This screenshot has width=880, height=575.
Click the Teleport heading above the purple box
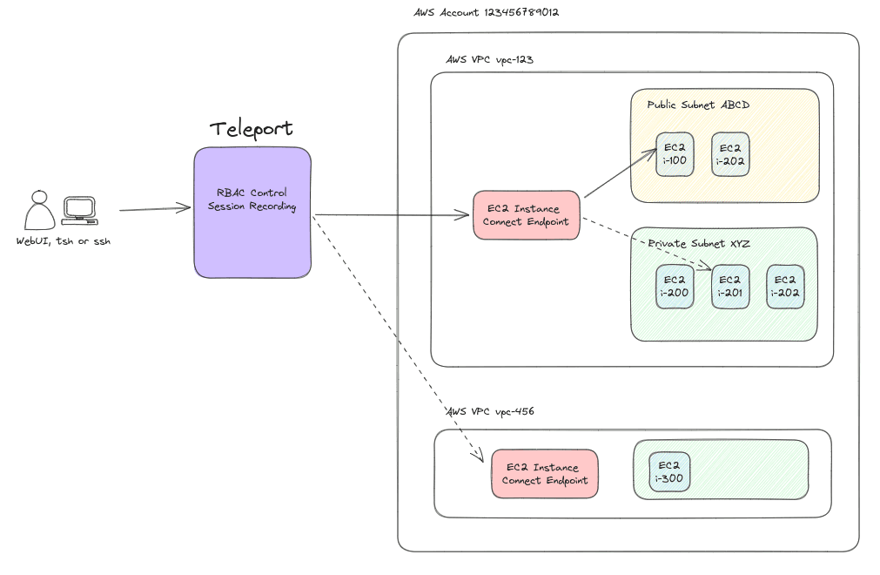[x=252, y=129]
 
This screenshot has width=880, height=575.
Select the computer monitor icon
[x=79, y=210]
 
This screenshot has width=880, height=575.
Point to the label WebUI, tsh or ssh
[x=64, y=241]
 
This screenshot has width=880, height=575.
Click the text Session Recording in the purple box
[x=252, y=206]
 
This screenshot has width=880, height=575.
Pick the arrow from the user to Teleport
[x=155, y=209]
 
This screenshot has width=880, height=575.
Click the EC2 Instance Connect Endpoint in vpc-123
[x=526, y=215]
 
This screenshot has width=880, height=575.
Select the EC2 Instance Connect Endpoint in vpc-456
[x=544, y=474]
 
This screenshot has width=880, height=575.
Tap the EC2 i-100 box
[x=675, y=154]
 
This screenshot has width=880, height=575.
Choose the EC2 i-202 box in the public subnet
[x=730, y=154]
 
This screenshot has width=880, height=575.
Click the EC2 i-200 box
[x=675, y=286]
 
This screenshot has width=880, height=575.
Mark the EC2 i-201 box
[x=730, y=286]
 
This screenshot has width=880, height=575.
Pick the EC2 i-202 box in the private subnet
[x=785, y=286]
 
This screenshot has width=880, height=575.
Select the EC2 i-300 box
[x=669, y=472]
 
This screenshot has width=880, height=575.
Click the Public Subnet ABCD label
[x=698, y=105]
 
